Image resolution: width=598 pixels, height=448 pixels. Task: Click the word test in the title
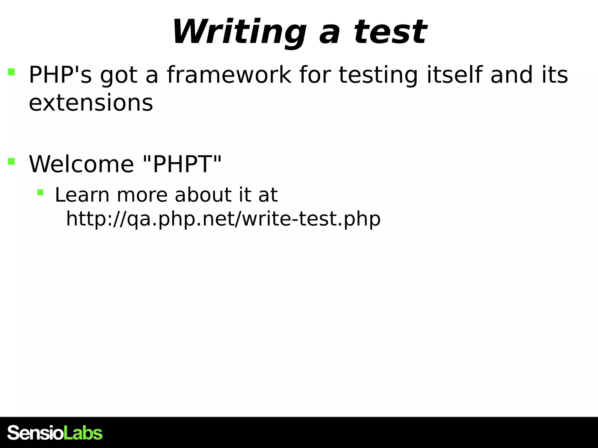(390, 32)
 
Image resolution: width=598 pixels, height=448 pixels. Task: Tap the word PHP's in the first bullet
(60, 75)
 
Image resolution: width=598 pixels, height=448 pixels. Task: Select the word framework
(229, 75)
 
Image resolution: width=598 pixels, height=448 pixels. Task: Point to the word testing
(378, 76)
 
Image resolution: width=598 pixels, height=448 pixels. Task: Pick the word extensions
(91, 103)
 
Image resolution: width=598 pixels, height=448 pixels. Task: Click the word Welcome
(81, 164)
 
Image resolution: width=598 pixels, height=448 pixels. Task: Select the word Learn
(82, 195)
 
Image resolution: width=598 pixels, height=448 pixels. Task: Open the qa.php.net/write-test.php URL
(223, 219)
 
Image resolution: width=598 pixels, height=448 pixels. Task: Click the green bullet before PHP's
(11, 72)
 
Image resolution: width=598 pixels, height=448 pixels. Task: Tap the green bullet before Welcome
(11, 161)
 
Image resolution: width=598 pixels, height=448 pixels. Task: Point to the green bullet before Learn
(40, 192)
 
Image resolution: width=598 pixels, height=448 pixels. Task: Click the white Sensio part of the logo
(35, 433)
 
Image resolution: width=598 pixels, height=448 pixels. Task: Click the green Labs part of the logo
(83, 433)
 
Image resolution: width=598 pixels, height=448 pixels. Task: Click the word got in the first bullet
(119, 76)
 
